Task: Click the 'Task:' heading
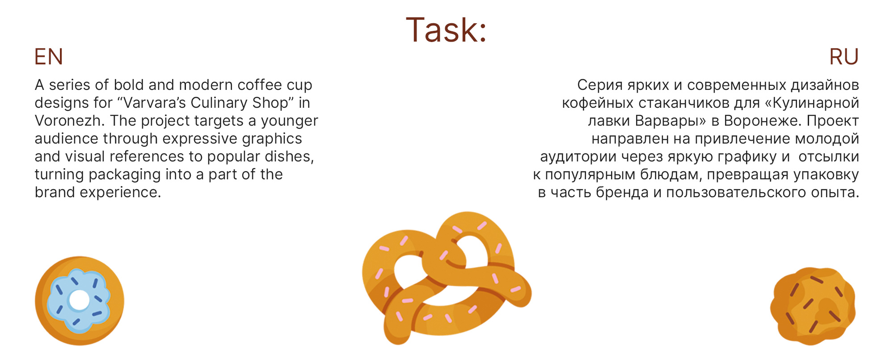click(x=446, y=30)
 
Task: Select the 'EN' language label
click(x=49, y=57)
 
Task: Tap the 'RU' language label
click(x=843, y=57)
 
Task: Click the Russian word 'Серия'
click(x=599, y=85)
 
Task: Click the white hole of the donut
click(x=79, y=300)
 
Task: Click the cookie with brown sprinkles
click(x=813, y=306)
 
